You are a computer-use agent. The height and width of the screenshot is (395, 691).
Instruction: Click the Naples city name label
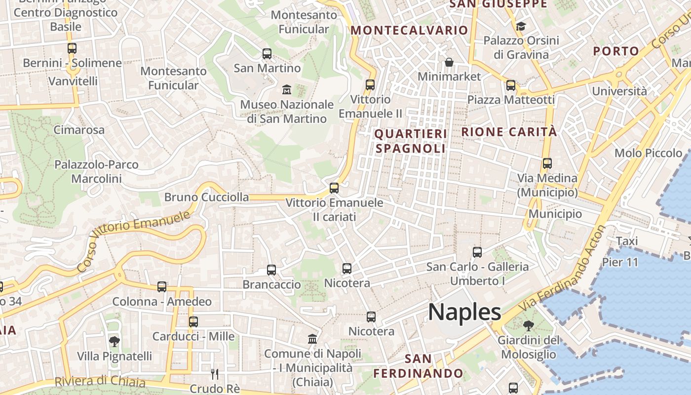(x=464, y=312)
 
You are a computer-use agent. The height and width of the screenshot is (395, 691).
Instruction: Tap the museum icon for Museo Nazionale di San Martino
(x=286, y=90)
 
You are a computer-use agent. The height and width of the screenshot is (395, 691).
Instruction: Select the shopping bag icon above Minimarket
(x=449, y=62)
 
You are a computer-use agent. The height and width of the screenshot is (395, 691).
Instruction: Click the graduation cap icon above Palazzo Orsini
(x=521, y=26)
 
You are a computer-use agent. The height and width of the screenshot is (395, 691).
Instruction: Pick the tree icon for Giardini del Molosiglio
(x=529, y=326)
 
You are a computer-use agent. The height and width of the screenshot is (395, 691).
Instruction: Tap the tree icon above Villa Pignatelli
(x=114, y=342)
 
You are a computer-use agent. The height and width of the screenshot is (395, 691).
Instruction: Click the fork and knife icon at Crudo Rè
(x=214, y=374)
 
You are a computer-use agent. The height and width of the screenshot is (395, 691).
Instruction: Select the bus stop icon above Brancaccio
(x=271, y=270)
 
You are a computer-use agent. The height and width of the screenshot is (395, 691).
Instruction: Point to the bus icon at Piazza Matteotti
(x=511, y=85)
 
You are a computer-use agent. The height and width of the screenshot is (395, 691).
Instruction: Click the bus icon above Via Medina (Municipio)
(x=547, y=163)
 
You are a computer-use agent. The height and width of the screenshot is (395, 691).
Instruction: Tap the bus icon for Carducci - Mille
(x=193, y=322)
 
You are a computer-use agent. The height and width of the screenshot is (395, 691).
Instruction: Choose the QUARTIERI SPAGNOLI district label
(x=411, y=141)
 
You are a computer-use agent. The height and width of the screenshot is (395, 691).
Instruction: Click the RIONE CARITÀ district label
(x=509, y=132)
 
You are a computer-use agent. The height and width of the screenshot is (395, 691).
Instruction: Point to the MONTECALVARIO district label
(x=409, y=30)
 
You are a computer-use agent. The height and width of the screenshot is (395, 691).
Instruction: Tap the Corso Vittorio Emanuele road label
(x=134, y=241)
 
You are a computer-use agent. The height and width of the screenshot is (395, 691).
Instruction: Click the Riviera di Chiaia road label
(x=100, y=382)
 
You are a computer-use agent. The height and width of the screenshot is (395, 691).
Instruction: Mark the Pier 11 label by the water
(x=620, y=262)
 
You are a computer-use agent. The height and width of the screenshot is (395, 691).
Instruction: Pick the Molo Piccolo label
(x=648, y=153)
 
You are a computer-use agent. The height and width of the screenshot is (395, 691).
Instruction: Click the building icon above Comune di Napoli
(x=312, y=339)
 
